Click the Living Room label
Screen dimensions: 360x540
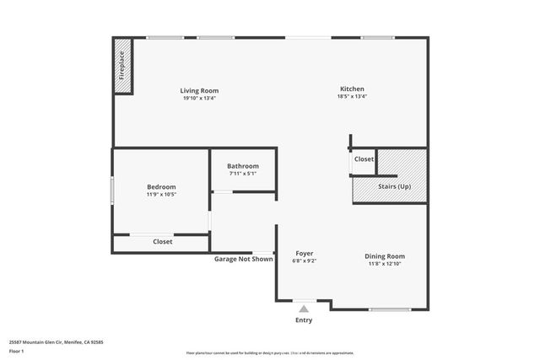(x=199, y=90)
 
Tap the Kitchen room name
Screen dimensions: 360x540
(x=352, y=89)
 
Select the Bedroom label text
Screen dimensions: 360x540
(x=161, y=186)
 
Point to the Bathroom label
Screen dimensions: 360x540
(x=243, y=166)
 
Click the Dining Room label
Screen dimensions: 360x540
(x=385, y=256)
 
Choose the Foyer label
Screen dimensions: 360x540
(x=305, y=253)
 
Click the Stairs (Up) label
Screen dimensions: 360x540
(x=394, y=185)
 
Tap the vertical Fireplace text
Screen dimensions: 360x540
(x=121, y=66)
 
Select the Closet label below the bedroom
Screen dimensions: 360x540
(x=163, y=242)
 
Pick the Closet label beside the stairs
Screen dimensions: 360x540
(x=364, y=159)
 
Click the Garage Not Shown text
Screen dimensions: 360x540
(x=243, y=259)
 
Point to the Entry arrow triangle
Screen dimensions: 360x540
(x=303, y=309)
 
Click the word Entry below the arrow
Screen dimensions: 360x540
(x=303, y=320)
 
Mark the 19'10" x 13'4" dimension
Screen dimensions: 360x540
(x=199, y=98)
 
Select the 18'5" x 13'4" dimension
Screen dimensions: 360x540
(x=352, y=96)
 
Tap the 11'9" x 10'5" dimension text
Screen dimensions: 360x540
(x=161, y=194)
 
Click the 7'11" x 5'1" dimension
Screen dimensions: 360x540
(x=243, y=174)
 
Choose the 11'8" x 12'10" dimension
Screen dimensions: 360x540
(x=385, y=264)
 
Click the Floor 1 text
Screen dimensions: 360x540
(x=16, y=350)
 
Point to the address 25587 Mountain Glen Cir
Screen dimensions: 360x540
(x=42, y=342)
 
